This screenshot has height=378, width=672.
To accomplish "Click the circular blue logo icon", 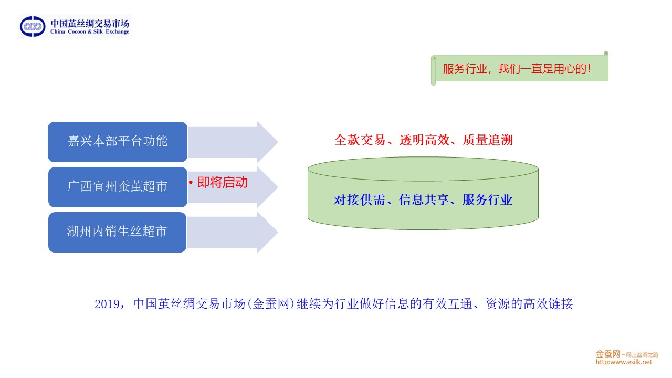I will [33, 26].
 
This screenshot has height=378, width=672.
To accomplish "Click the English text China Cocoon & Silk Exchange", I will [90, 32].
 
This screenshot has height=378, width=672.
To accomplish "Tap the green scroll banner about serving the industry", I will [519, 69].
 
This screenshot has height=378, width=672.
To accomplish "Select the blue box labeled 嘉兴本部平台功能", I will [118, 142].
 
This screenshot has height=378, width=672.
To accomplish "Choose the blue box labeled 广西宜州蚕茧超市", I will [118, 187].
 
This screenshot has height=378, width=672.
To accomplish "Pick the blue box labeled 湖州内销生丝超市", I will [118, 232].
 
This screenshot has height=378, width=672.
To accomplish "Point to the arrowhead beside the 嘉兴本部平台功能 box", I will [267, 142].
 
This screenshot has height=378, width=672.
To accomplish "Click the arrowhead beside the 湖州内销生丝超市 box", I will [267, 232].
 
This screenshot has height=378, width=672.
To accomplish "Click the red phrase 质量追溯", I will [488, 140].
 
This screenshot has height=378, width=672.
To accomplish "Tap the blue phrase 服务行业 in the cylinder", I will [488, 200].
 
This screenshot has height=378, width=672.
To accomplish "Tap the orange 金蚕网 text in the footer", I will [608, 354].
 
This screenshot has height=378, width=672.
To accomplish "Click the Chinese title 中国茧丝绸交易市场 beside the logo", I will [90, 23].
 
